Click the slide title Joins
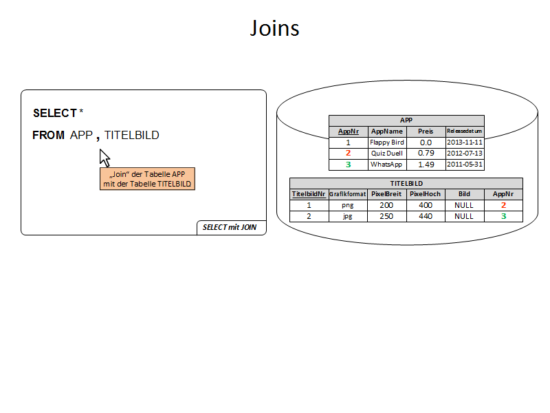pos(274,28)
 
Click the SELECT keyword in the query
pos(54,113)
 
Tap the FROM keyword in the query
pos(48,136)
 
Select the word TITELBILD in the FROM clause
pos(131,136)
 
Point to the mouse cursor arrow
pos(104,157)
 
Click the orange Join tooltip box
pos(147,179)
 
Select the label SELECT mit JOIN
pos(230,227)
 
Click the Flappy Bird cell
pos(386,142)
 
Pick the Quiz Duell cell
pos(386,153)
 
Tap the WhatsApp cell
pos(386,165)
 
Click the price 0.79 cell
pos(426,153)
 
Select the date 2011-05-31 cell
pos(465,165)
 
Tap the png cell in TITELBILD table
pos(348,205)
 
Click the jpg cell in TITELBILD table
pos(348,216)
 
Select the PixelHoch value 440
pos(426,216)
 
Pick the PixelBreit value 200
pos(386,205)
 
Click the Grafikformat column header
pos(348,194)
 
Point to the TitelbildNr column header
pos(309,194)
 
